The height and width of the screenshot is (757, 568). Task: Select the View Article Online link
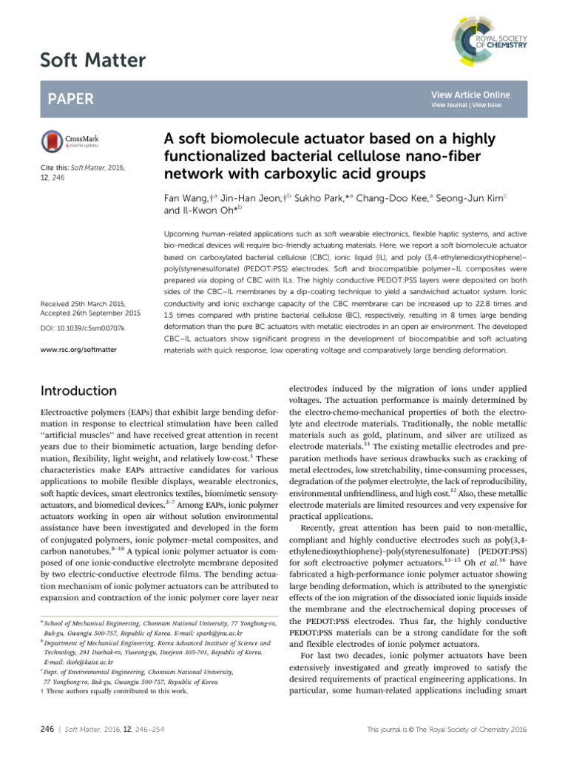point(470,95)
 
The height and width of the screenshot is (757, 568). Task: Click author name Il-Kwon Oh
point(204,211)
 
